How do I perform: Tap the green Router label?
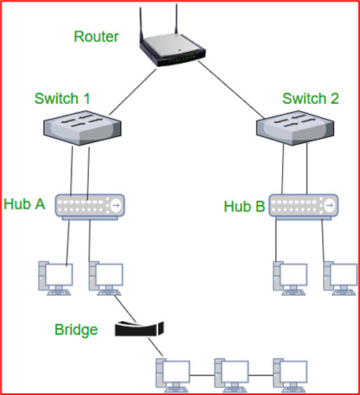pos(97,36)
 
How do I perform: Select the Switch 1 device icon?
pos(83,127)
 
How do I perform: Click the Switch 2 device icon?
pos(295,127)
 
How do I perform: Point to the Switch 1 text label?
pos(62,98)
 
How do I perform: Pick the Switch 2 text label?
pos(310,98)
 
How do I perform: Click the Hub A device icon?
pos(90,207)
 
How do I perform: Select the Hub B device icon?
pos(303,207)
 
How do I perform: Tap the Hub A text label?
pos(24,204)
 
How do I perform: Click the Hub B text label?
pos(244,206)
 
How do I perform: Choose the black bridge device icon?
pos(139,329)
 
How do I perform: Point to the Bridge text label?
pos(76,330)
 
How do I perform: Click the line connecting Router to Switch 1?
pos(133,92)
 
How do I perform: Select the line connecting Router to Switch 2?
pos(231,90)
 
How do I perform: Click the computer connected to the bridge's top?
pos(106,279)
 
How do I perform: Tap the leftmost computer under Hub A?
pos(56,279)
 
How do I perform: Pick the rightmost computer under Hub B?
pos(340,279)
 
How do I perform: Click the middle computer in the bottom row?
pos(232,375)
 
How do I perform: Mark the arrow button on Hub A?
pos(116,205)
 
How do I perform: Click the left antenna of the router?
pos(141,26)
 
